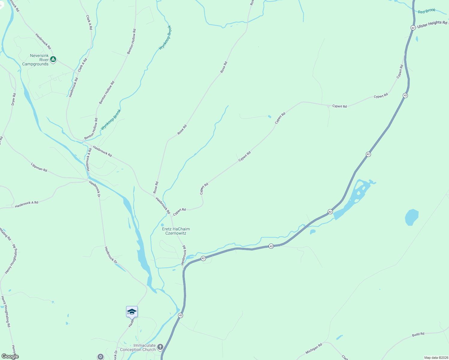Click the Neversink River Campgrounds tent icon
tap(53, 59)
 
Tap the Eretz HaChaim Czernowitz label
tap(176, 231)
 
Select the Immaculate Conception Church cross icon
tap(160, 347)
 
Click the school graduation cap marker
tap(132, 312)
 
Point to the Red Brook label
tap(426, 11)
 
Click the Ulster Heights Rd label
tap(432, 24)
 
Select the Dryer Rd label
tap(14, 99)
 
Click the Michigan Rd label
tap(314, 348)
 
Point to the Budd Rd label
tap(418, 334)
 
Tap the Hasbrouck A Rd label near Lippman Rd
tap(27, 204)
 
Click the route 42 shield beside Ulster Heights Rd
tap(413, 28)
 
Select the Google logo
tap(10, 356)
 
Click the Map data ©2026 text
tap(436, 358)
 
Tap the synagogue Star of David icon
tap(101, 356)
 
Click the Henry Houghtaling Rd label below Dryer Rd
tap(11, 261)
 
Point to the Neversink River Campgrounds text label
tap(35, 60)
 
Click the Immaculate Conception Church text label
tap(138, 347)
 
